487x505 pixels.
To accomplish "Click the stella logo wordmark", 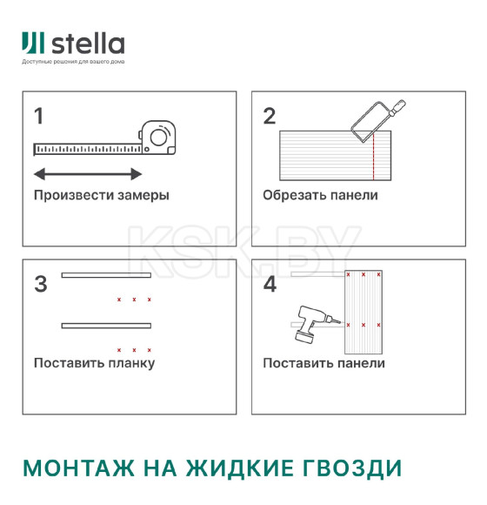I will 87,44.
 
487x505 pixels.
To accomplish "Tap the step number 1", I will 38,116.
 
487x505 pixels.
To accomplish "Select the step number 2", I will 269,116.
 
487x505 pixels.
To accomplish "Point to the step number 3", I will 40,284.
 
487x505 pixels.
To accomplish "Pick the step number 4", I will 270,284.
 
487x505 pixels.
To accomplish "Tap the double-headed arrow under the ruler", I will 87,173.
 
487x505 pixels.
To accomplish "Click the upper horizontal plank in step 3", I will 106,276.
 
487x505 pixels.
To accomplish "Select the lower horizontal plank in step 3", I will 106,326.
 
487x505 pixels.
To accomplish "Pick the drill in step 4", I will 310,322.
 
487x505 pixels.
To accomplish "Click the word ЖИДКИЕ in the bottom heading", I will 233,468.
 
